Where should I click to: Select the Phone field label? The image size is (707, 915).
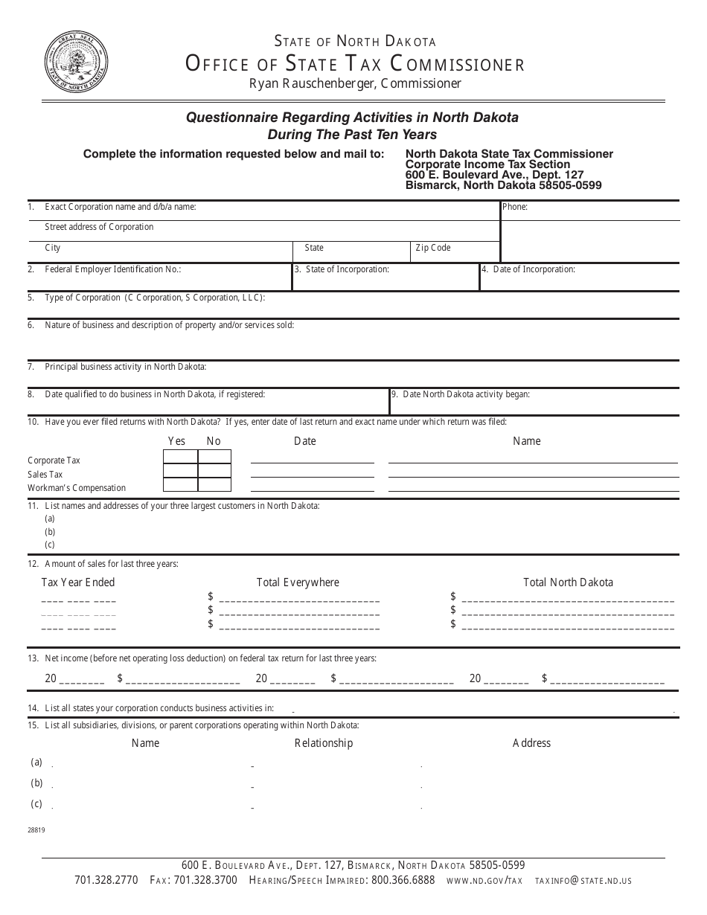515,207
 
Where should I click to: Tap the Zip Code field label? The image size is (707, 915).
433,248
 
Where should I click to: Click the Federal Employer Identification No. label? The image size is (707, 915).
112,269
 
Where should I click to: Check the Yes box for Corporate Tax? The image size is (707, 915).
180,457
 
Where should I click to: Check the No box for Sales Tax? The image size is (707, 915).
214,471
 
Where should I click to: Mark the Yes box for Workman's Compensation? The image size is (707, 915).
180,485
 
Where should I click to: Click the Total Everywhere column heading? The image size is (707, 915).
298,582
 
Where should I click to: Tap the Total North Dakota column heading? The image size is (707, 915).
568,582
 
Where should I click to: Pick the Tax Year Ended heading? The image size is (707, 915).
78,582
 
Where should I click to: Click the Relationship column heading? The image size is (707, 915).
324,743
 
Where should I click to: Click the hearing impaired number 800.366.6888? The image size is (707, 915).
403,880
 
